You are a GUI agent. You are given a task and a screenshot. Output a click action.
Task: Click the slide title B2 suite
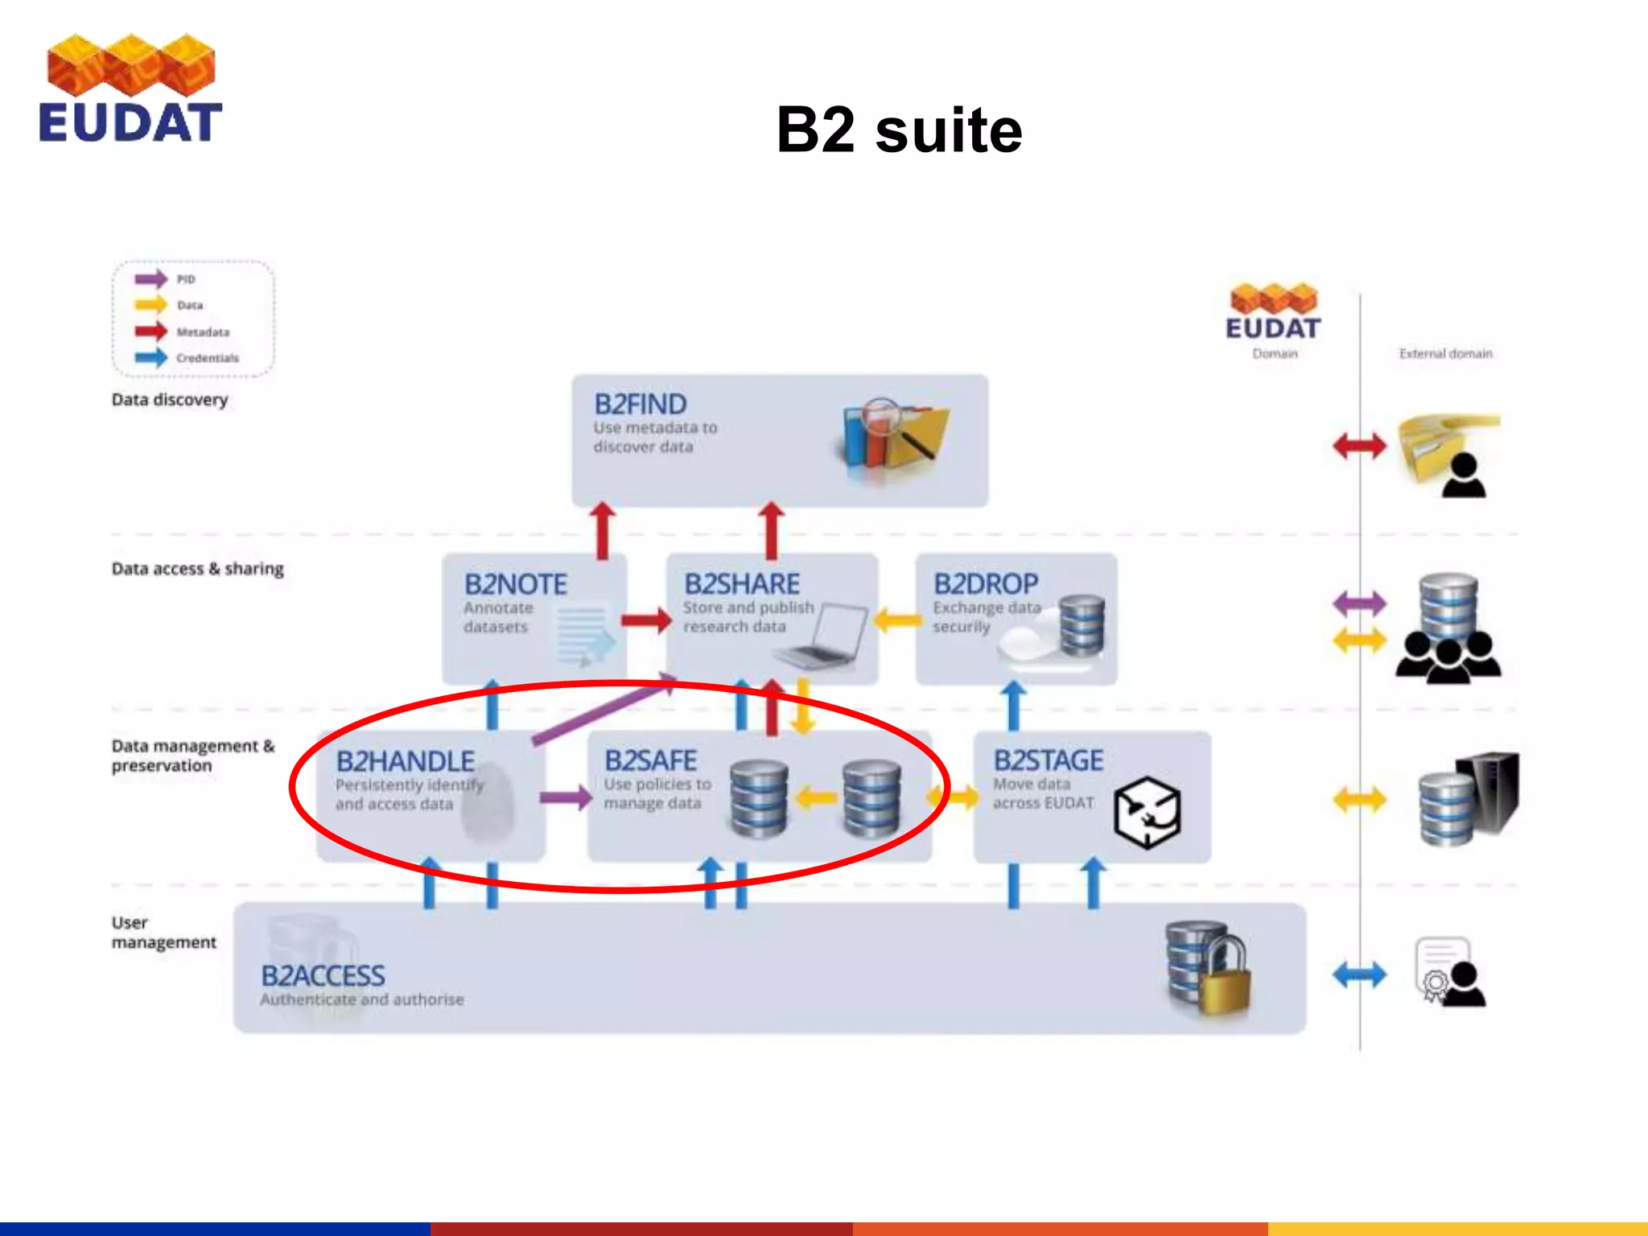tap(899, 130)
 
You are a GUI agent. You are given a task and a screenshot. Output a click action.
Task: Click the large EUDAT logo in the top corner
tap(130, 89)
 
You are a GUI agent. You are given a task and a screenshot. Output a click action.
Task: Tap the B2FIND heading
tap(640, 404)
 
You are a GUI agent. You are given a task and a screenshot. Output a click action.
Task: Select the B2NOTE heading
tap(515, 584)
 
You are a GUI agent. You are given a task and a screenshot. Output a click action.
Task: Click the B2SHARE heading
tap(741, 584)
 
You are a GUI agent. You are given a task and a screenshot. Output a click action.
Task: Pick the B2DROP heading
tap(985, 584)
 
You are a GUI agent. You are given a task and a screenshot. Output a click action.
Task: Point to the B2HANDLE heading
tap(405, 761)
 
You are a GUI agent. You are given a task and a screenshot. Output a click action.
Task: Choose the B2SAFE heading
tap(650, 760)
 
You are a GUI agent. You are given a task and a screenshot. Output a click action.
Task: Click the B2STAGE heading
tap(1048, 760)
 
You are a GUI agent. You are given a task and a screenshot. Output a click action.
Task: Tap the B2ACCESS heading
tap(323, 976)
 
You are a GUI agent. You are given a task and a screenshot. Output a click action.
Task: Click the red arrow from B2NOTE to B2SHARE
tap(646, 620)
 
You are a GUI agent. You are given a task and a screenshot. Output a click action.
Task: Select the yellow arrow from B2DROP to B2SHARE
tap(896, 620)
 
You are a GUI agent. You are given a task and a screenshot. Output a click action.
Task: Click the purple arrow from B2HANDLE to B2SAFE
tap(566, 797)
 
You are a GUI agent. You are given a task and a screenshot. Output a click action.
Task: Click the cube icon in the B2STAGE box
tap(1147, 813)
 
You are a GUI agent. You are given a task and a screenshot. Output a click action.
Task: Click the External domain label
tap(1445, 353)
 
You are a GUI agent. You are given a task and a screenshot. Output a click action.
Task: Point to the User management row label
tap(163, 932)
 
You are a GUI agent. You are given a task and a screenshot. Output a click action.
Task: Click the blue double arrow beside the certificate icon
tap(1359, 975)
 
